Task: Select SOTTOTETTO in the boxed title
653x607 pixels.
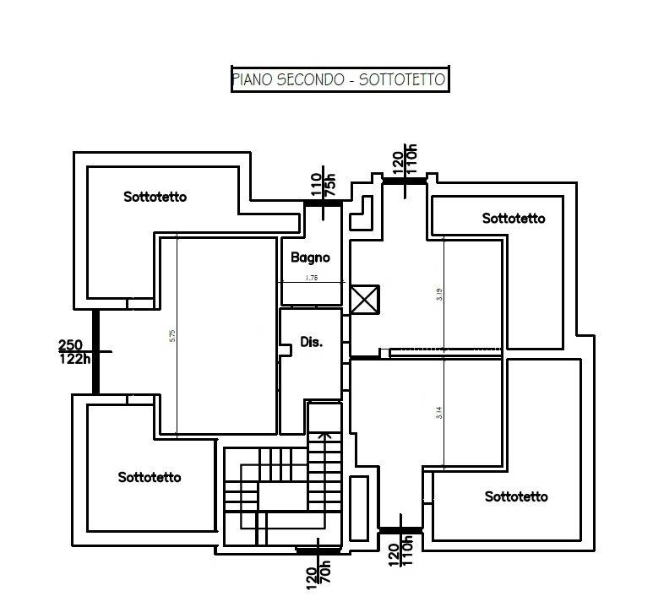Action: point(401,80)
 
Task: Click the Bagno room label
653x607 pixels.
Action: point(310,257)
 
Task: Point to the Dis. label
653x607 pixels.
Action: point(312,342)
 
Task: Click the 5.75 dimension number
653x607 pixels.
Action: point(172,335)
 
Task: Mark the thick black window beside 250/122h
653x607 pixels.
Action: point(96,351)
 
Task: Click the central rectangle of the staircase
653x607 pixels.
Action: point(282,496)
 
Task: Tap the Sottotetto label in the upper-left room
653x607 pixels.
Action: point(155,198)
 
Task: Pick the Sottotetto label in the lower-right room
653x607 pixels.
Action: point(516,496)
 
